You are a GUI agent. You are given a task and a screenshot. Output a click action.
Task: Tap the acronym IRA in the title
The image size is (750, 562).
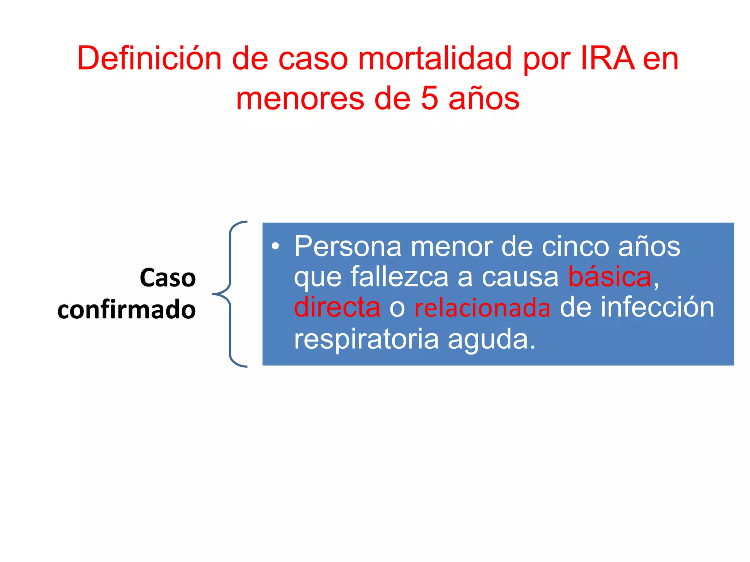608,59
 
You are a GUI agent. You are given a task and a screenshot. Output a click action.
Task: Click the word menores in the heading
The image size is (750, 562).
300,100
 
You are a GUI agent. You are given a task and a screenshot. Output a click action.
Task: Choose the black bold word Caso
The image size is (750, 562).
168,278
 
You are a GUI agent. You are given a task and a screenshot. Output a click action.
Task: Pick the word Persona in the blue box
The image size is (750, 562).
348,247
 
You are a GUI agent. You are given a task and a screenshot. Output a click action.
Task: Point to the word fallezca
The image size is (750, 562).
399,277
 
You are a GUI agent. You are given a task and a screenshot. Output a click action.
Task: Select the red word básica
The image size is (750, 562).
609,277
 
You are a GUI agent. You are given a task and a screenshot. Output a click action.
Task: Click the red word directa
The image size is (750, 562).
337,307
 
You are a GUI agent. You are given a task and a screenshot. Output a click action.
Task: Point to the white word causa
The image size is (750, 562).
520,277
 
